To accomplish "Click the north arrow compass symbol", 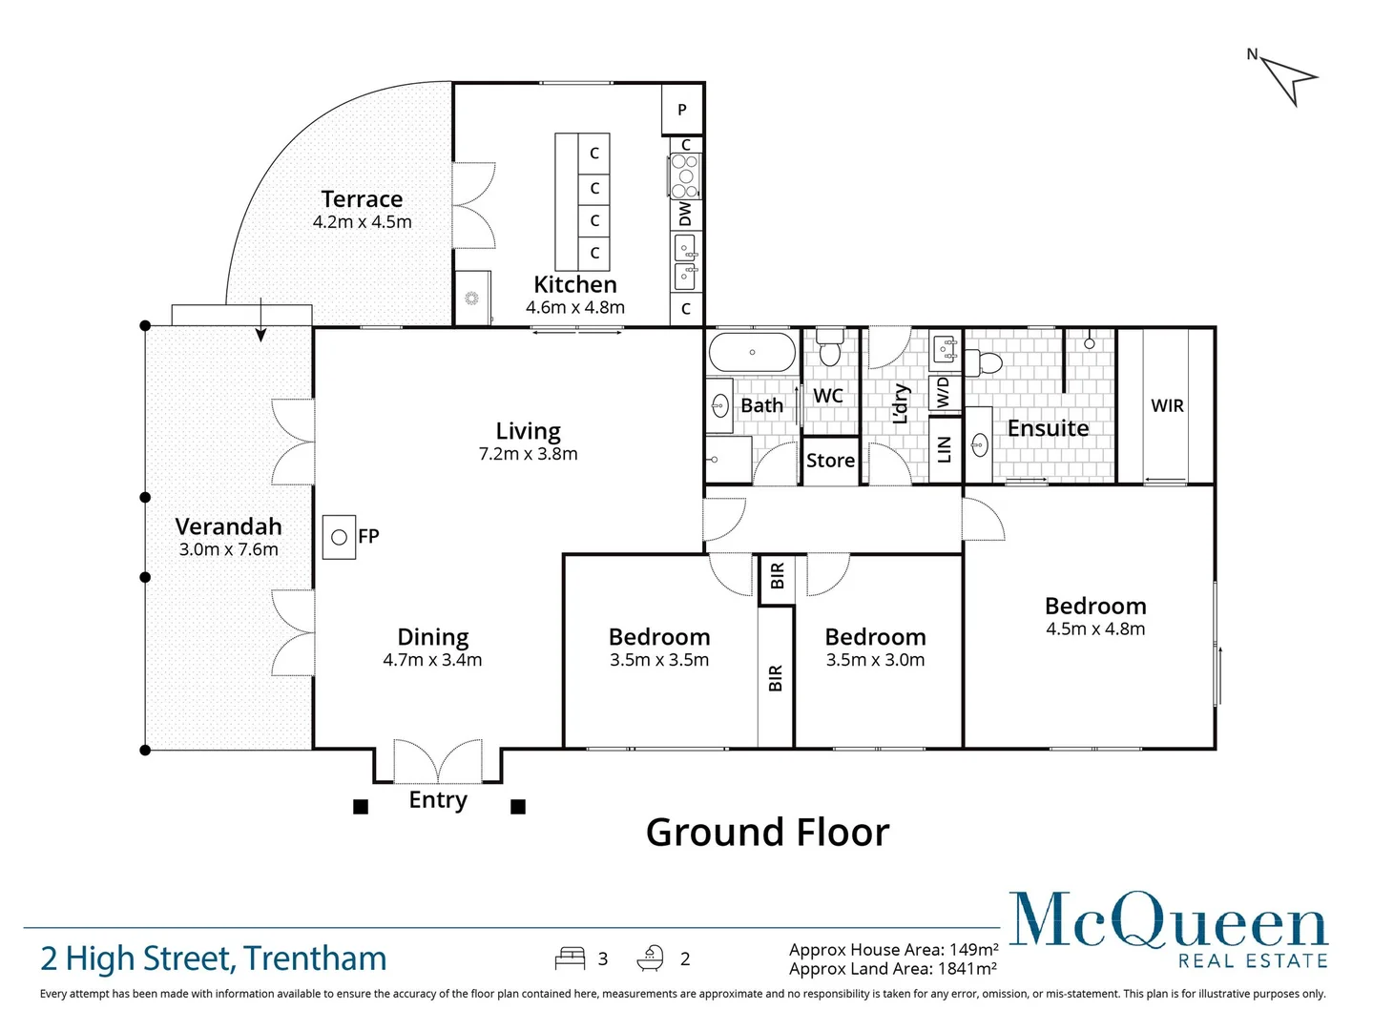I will (1288, 78).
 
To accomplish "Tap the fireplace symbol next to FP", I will (339, 537).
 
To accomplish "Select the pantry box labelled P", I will (682, 109).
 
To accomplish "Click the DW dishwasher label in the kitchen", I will (685, 215).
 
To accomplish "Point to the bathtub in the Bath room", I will (752, 352).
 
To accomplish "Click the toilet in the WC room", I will (830, 349).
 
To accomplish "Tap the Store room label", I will (830, 461).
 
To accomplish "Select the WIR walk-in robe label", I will (1167, 405).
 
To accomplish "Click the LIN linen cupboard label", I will (945, 449).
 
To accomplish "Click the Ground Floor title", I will (767, 833).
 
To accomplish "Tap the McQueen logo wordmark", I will (1168, 921).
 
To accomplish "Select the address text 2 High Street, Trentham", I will (214, 958).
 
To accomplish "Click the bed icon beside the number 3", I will (570, 958).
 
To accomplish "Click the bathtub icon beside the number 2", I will (652, 958).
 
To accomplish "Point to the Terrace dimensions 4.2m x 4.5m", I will (362, 222).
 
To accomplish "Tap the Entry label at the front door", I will (438, 799).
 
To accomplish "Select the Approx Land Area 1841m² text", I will (892, 969).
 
